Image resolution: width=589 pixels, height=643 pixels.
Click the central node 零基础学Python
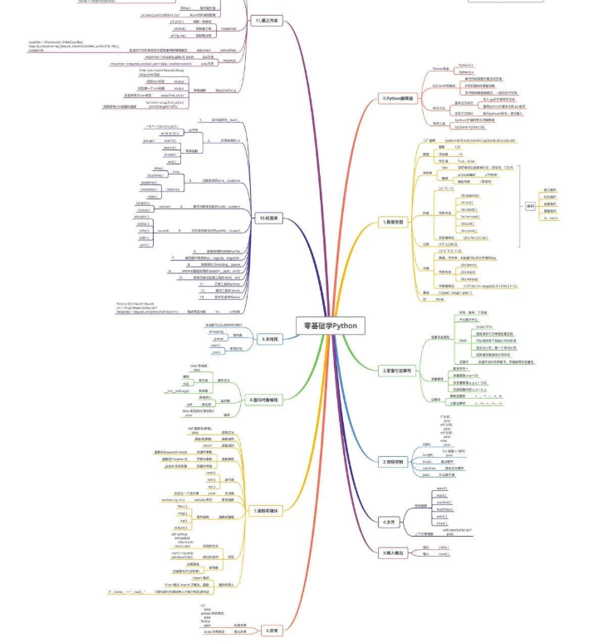coord(329,325)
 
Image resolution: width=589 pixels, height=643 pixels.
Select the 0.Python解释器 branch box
coord(397,98)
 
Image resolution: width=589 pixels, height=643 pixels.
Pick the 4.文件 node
coord(389,522)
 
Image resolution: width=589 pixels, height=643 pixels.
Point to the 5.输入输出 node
coord(395,552)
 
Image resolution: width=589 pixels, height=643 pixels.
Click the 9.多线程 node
coord(271,339)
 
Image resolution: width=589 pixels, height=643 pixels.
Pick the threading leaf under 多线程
coord(217,331)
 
